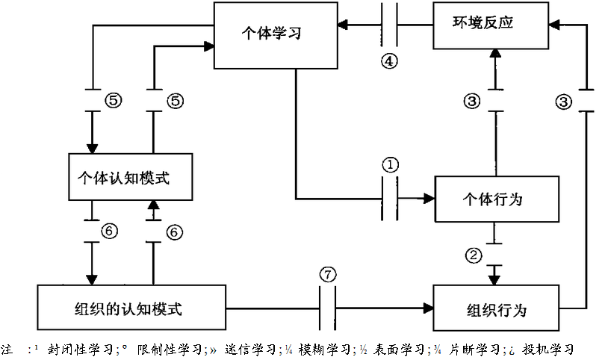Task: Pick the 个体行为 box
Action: pos(497,199)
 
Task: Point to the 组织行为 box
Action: pos(497,308)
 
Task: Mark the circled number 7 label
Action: pos(328,273)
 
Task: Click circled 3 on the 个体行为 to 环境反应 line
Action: pos(471,102)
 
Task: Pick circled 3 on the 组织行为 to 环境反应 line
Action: pos(565,102)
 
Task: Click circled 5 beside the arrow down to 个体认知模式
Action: pos(114,102)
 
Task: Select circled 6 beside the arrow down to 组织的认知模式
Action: pos(111,232)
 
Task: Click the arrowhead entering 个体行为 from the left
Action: pos(429,199)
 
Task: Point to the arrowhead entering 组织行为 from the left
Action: pos(429,308)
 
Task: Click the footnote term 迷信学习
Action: pos(246,350)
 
